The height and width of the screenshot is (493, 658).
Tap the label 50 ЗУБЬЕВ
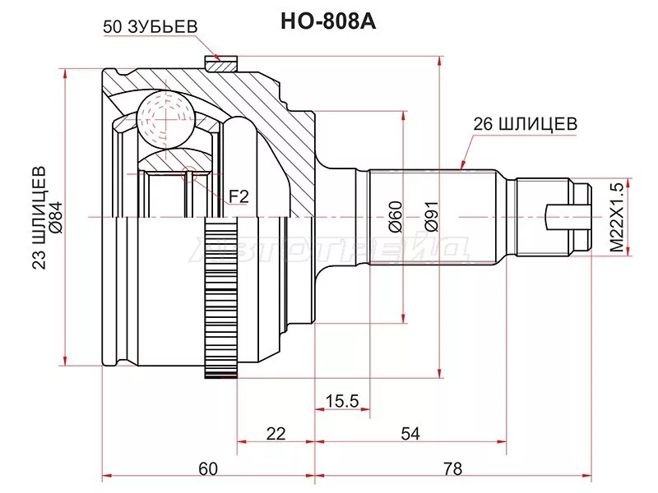pos(151,26)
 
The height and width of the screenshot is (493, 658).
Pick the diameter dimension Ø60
pos(394,216)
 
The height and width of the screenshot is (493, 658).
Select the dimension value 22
pos(276,435)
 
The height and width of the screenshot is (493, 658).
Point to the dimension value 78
pos(452,469)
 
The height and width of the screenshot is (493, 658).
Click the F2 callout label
pos(239,196)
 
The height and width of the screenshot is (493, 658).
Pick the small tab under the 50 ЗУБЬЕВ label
pos(220,62)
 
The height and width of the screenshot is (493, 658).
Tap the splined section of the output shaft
pos(432,216)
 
